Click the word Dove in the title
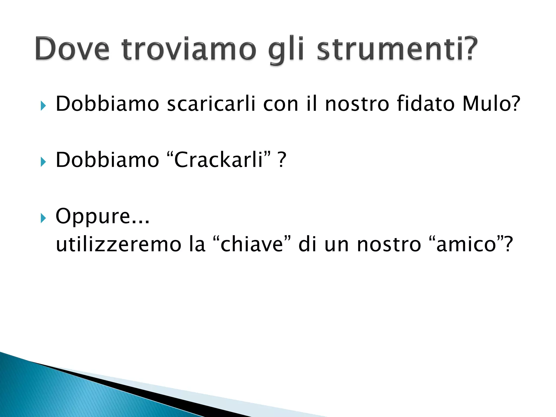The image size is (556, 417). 72,49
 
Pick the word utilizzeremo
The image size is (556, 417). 118,244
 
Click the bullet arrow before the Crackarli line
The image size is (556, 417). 43,162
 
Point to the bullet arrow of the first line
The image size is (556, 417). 43,106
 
